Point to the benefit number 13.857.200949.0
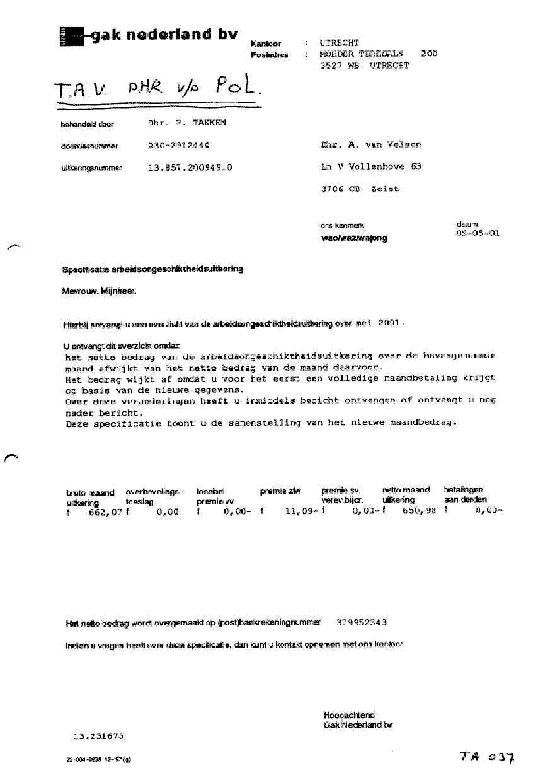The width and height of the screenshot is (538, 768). (190, 168)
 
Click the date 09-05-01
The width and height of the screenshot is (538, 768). (477, 233)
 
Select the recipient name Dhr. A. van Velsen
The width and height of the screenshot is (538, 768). (371, 144)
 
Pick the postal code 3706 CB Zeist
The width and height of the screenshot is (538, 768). (360, 189)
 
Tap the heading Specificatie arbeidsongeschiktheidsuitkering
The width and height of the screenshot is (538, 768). (152, 269)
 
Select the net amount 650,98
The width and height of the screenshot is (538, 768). (418, 512)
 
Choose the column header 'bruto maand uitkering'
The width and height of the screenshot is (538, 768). (90, 497)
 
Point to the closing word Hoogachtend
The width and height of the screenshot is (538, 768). (349, 715)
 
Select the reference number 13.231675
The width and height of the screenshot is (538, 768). (99, 735)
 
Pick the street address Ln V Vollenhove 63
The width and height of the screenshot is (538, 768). (371, 167)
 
